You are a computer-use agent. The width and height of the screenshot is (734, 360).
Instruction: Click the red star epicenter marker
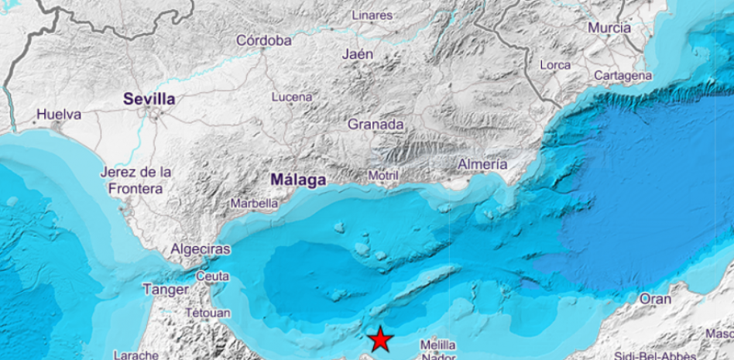click(x=380, y=339)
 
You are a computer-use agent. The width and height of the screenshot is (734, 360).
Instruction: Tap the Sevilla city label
click(x=149, y=99)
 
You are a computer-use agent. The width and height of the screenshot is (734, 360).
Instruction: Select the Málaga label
click(x=298, y=180)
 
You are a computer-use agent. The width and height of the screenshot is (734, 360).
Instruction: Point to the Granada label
click(x=376, y=124)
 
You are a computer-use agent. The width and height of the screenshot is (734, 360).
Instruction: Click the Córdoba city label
click(x=264, y=40)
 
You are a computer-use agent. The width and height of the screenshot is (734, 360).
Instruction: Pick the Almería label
click(x=483, y=164)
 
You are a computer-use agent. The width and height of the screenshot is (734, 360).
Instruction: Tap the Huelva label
click(x=59, y=115)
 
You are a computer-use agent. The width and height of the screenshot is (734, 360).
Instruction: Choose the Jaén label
click(x=357, y=54)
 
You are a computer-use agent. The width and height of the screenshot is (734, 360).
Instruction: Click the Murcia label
click(x=609, y=28)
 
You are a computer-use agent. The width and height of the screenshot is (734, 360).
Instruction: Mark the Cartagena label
click(x=623, y=76)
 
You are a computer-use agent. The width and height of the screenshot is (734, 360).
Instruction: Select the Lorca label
click(x=555, y=65)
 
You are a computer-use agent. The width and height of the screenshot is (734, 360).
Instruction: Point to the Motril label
click(x=383, y=176)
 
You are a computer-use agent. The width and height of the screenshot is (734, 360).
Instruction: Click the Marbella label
click(x=255, y=204)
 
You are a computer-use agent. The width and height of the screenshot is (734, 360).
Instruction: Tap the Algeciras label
click(x=201, y=249)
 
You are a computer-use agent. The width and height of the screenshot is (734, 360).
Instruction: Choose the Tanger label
click(x=165, y=290)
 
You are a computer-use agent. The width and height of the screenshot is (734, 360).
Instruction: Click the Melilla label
click(x=437, y=345)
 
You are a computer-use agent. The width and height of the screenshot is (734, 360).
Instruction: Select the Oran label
click(x=656, y=299)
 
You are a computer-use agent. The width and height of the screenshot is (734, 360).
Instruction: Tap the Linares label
click(x=372, y=15)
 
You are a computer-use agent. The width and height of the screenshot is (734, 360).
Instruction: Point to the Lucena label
click(x=292, y=97)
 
